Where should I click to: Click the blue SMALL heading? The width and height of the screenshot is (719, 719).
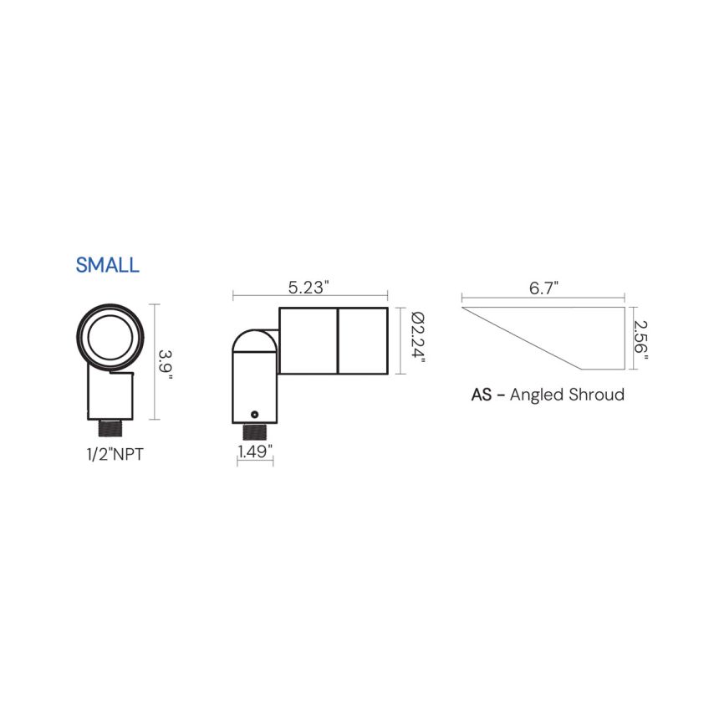click(x=107, y=265)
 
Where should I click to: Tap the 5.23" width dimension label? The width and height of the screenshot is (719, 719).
click(x=309, y=288)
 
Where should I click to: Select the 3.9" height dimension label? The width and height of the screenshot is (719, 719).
click(x=165, y=365)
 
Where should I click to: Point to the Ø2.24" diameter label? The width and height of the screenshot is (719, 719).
click(x=418, y=337)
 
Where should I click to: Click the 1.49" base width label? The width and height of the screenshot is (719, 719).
click(x=255, y=451)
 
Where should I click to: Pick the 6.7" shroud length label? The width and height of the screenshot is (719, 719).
click(x=543, y=288)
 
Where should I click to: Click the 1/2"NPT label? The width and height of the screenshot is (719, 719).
click(x=115, y=455)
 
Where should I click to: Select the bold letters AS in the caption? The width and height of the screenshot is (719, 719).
click(x=482, y=395)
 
